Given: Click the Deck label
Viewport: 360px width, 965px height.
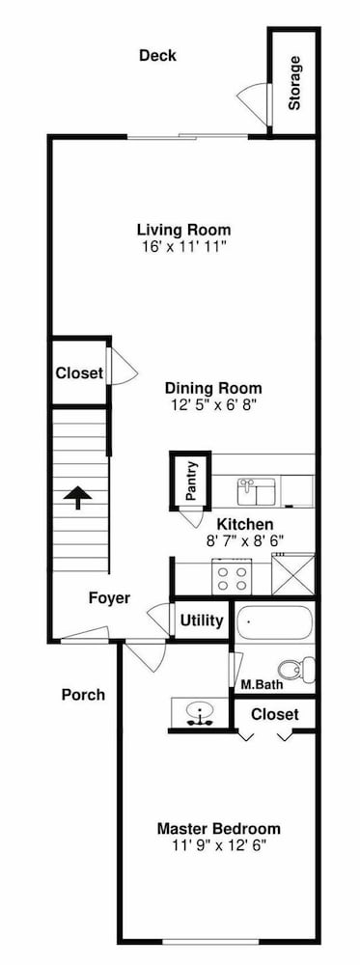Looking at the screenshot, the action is pyautogui.click(x=157, y=55).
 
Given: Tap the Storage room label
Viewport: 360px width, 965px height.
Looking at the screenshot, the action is pyautogui.click(x=294, y=83).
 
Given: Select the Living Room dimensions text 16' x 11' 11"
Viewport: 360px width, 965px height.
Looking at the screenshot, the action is pyautogui.click(x=184, y=247).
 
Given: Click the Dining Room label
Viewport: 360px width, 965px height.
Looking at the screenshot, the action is pyautogui.click(x=213, y=389).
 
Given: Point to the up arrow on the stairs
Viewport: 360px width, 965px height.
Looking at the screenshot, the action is pyautogui.click(x=78, y=497).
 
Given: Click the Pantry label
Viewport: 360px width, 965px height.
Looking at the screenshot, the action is pyautogui.click(x=191, y=480).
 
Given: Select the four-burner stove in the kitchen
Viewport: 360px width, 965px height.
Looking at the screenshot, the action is pyautogui.click(x=232, y=577).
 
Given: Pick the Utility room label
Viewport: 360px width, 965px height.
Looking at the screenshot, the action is pyautogui.click(x=202, y=620).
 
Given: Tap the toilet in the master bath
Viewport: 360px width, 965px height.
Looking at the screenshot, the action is pyautogui.click(x=296, y=669).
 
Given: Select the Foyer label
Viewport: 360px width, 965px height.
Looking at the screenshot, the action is pyautogui.click(x=109, y=598).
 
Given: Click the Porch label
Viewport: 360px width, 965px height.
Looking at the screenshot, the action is pyautogui.click(x=83, y=695).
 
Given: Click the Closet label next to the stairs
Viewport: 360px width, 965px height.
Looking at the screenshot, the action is pyautogui.click(x=79, y=373).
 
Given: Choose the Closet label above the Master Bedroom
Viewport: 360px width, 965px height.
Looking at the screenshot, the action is pyautogui.click(x=275, y=714).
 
